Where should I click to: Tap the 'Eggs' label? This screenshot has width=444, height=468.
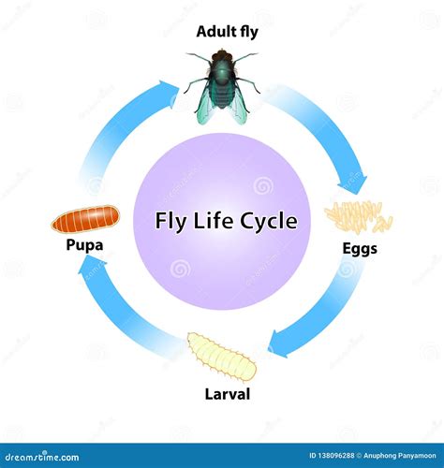click(x=359, y=250)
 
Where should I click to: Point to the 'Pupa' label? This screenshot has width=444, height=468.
click(x=84, y=247)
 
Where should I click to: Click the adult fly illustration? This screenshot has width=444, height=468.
click(x=223, y=85)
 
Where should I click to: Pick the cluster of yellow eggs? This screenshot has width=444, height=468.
click(x=358, y=216)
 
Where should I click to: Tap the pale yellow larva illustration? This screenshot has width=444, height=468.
click(x=221, y=357)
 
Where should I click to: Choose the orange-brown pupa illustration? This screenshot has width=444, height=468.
click(x=85, y=219)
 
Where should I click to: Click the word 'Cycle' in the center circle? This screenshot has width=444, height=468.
click(x=268, y=222)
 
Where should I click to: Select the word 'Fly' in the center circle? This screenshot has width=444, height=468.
click(x=171, y=222)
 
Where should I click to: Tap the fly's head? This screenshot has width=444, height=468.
click(x=222, y=58)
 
